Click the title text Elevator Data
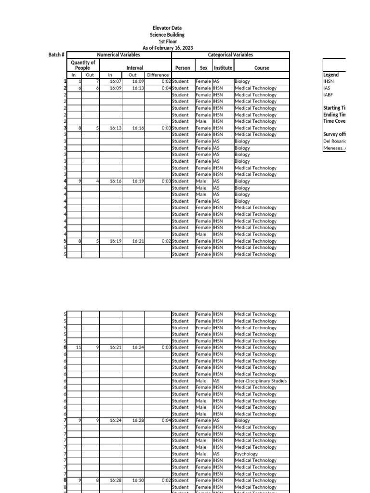167,28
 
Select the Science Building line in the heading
167,35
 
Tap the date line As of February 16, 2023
167,48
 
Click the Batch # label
56,55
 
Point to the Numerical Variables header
119,55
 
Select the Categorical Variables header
230,55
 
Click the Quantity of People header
83,65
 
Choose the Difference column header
158,75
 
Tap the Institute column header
223,68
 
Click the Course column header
262,68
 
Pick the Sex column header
204,68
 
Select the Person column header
183,68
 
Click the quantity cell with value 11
79,347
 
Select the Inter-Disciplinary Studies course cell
260,381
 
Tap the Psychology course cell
246,454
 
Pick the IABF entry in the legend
328,95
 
